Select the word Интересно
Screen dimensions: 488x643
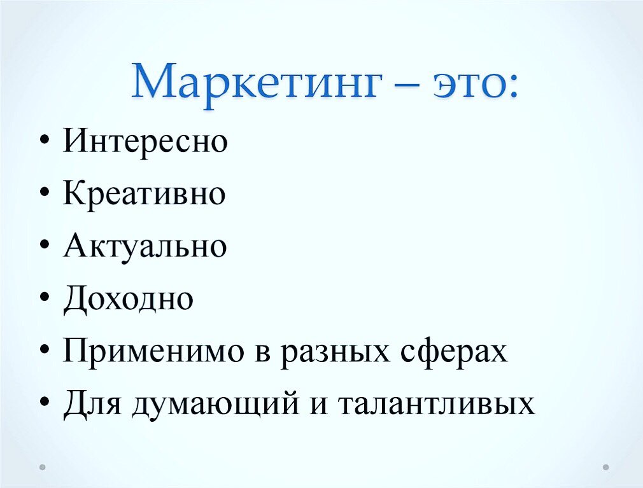click(x=145, y=141)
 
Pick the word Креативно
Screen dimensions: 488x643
click(x=145, y=193)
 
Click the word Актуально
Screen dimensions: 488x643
click(x=145, y=246)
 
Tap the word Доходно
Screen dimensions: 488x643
click(x=128, y=299)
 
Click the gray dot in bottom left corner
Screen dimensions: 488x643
click(x=43, y=466)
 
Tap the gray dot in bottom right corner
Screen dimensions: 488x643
click(x=605, y=466)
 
